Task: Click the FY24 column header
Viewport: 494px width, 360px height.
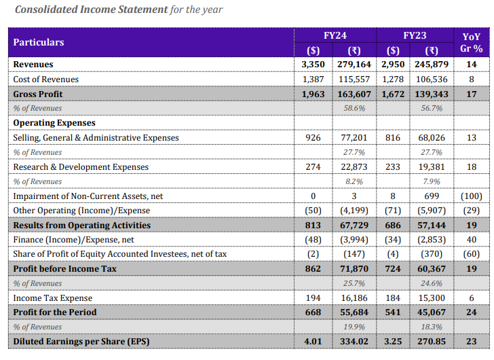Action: pyautogui.click(x=336, y=35)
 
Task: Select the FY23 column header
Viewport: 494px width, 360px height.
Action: pyautogui.click(x=414, y=35)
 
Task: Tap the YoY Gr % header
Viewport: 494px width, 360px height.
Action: pyautogui.click(x=471, y=42)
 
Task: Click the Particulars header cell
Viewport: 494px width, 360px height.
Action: pyautogui.click(x=39, y=42)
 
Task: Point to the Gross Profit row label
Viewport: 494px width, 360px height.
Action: pyautogui.click(x=38, y=94)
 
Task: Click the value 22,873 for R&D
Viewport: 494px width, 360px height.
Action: pyautogui.click(x=354, y=167)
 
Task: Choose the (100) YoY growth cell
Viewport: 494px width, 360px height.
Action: pyautogui.click(x=471, y=196)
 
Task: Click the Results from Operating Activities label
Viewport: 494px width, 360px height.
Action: pyautogui.click(x=82, y=226)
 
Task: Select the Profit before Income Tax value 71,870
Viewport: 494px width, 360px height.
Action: pyautogui.click(x=354, y=269)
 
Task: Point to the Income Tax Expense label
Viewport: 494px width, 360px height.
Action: pyautogui.click(x=53, y=298)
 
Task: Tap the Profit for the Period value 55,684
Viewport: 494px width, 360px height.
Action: pyautogui.click(x=354, y=312)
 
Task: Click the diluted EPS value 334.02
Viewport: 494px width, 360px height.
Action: pyautogui.click(x=354, y=342)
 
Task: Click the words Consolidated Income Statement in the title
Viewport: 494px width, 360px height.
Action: pyautogui.click(x=91, y=10)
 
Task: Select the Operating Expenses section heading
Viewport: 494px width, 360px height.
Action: pyautogui.click(x=54, y=123)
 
